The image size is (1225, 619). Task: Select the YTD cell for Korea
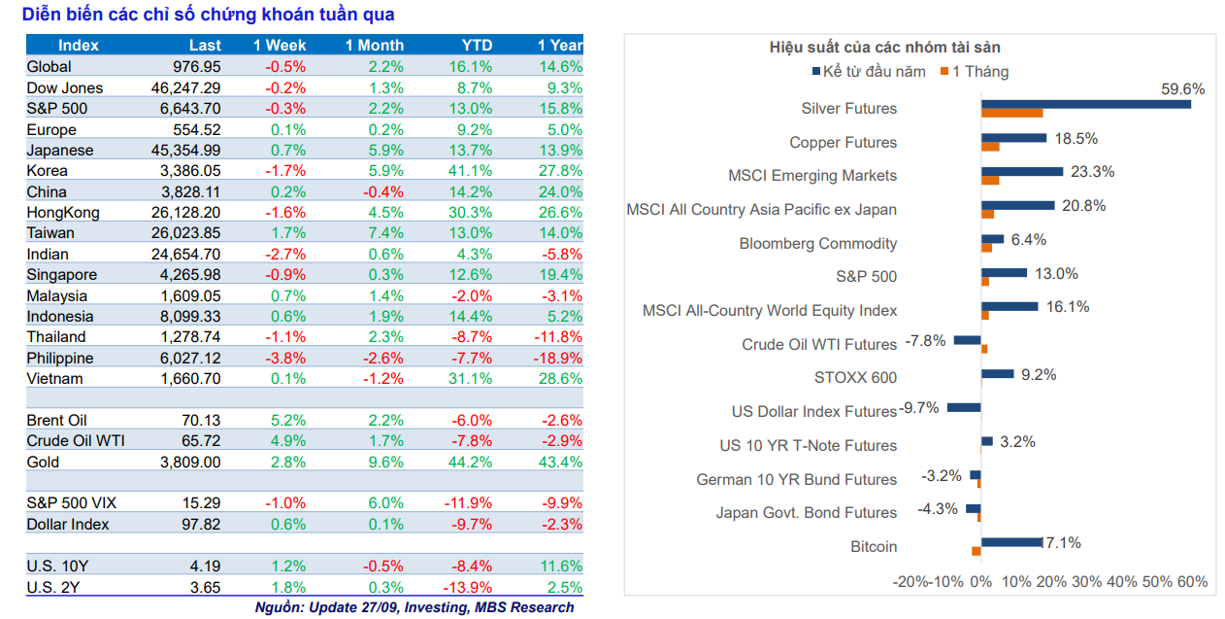click(472, 171)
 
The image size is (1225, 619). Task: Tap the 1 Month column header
click(375, 46)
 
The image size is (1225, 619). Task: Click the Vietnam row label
click(55, 379)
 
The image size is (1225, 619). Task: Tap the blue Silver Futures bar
click(1085, 104)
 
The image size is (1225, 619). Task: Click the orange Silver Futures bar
click(1011, 113)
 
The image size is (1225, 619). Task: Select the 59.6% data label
click(1182, 89)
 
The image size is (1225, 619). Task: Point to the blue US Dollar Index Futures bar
click(964, 408)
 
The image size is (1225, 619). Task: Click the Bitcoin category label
click(874, 547)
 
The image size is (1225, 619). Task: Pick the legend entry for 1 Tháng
click(974, 72)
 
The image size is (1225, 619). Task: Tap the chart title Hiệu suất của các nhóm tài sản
click(884, 48)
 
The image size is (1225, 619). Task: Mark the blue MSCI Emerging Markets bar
click(1022, 171)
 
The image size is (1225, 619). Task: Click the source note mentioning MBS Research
click(414, 608)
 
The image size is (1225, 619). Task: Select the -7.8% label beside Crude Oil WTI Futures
click(925, 341)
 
